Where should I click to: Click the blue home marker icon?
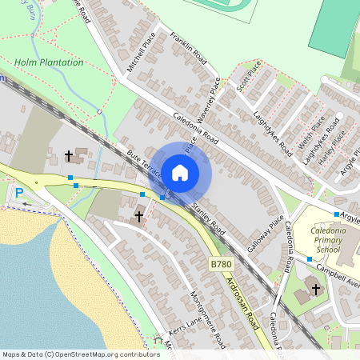[180, 172]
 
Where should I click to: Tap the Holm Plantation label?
[49, 62]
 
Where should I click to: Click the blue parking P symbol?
[19, 192]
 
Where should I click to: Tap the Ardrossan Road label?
[242, 298]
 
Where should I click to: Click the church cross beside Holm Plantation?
[69, 155]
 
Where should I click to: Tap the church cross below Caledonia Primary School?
[316, 289]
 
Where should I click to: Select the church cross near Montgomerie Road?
[139, 216]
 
